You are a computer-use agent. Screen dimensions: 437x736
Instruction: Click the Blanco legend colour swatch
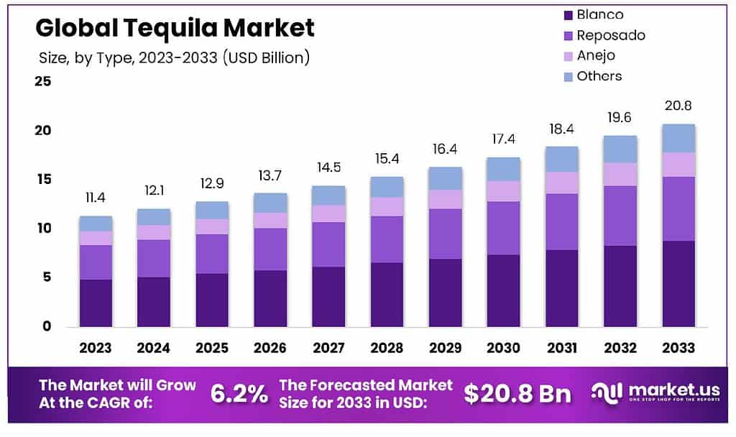pyautogui.click(x=568, y=15)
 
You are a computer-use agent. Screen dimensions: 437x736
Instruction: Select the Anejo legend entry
pyautogui.click(x=596, y=55)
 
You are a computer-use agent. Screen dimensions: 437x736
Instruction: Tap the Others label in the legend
pyautogui.click(x=599, y=75)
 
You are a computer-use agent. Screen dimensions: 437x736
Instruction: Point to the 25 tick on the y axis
pyautogui.click(x=42, y=81)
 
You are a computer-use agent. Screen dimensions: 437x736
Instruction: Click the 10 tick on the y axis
pyautogui.click(x=42, y=228)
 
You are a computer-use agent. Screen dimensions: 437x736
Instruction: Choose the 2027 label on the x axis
pyautogui.click(x=328, y=348)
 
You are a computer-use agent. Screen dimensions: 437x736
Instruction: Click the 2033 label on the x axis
pyautogui.click(x=678, y=348)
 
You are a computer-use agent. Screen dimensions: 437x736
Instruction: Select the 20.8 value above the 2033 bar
pyautogui.click(x=678, y=106)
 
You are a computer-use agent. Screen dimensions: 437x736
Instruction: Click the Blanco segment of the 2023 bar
pyautogui.click(x=96, y=303)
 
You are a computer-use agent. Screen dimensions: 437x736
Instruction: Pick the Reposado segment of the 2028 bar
pyautogui.click(x=387, y=239)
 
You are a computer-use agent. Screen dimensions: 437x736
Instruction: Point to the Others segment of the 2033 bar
pyautogui.click(x=678, y=138)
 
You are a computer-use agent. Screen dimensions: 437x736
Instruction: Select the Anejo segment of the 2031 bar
pyautogui.click(x=561, y=183)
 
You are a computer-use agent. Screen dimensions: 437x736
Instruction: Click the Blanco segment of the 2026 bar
pyautogui.click(x=270, y=298)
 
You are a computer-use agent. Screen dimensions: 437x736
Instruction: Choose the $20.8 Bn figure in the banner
pyautogui.click(x=517, y=393)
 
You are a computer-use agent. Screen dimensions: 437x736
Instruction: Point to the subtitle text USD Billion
pyautogui.click(x=267, y=57)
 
